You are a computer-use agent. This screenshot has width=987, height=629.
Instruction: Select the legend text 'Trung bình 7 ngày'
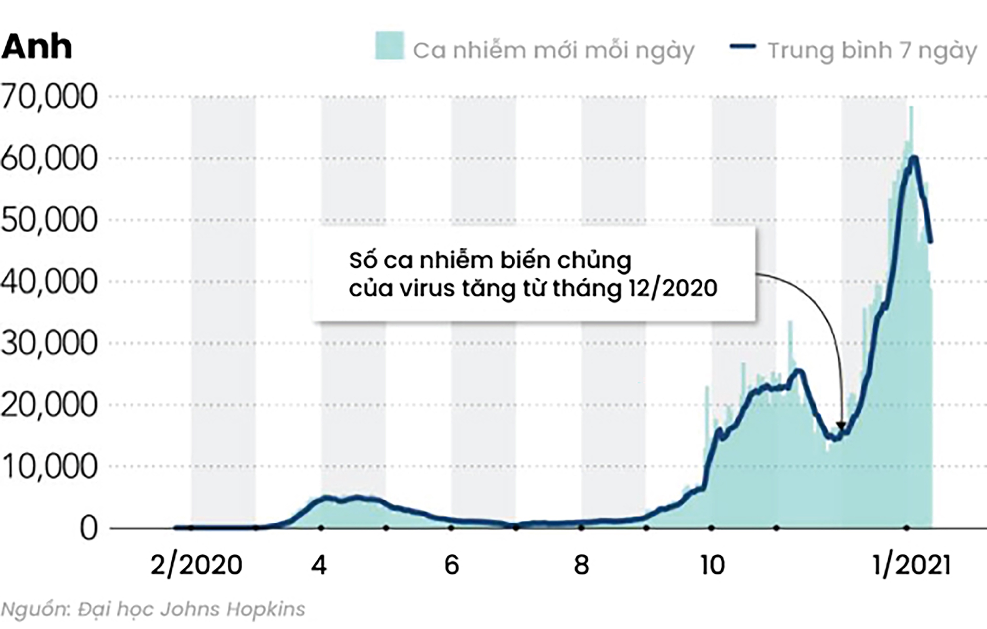(872, 51)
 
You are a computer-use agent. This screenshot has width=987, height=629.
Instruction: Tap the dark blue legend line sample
(743, 46)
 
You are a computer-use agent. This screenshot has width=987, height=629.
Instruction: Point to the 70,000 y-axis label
(49, 97)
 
